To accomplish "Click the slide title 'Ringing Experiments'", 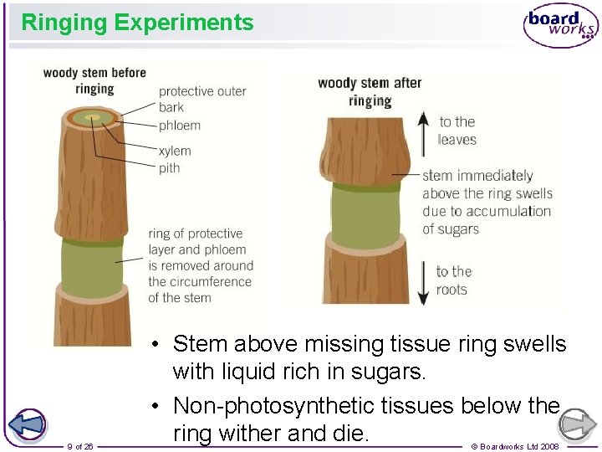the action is (137, 23).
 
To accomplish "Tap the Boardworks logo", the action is (560, 25).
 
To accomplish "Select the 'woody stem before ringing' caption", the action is (94, 81).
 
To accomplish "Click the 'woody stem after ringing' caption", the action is (370, 91).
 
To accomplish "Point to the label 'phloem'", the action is (180, 126).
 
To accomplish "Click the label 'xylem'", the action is (175, 151).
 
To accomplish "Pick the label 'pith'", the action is (169, 168).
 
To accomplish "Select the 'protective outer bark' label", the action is (202, 99).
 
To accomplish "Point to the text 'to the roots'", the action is (454, 280).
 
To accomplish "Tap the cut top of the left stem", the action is (93, 118).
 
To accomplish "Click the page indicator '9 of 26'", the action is (80, 446).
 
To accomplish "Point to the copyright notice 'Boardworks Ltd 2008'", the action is (515, 446).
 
